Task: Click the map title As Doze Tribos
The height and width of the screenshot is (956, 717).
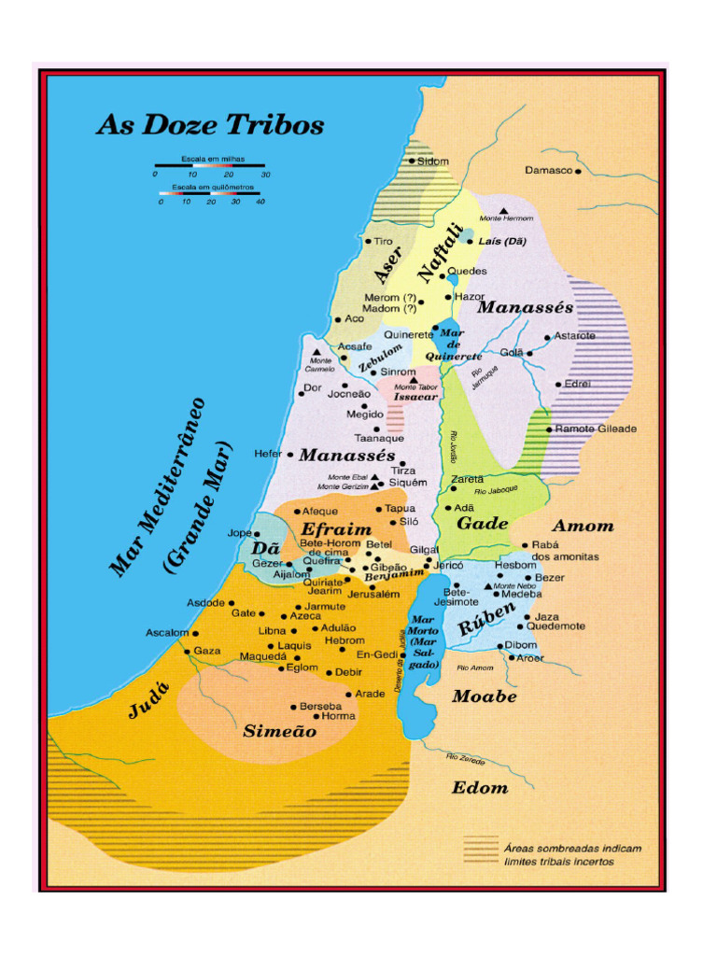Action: [x=210, y=125]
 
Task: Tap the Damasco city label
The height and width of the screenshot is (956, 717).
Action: [x=548, y=171]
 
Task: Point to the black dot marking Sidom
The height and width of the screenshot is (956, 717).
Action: [x=412, y=161]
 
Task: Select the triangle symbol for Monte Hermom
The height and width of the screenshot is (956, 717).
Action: [x=504, y=211]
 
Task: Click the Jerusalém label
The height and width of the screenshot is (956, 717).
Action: [x=373, y=594]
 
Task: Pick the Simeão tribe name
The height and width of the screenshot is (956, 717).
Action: [x=279, y=732]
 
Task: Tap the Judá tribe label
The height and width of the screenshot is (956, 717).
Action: [x=148, y=699]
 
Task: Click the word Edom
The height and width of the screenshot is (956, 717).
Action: [x=480, y=788]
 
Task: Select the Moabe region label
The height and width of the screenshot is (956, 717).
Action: [x=484, y=696]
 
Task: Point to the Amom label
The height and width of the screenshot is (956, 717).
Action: [x=583, y=526]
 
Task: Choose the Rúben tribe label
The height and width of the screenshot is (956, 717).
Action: [x=486, y=620]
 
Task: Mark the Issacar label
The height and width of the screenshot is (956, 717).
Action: [x=415, y=397]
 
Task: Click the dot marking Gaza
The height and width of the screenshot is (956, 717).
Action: [x=188, y=652]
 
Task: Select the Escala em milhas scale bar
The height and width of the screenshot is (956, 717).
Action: [x=210, y=166]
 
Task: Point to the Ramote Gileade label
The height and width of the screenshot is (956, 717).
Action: [x=596, y=429]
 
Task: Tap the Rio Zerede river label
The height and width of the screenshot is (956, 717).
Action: [x=465, y=758]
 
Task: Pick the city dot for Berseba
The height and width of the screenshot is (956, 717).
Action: [x=293, y=707]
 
